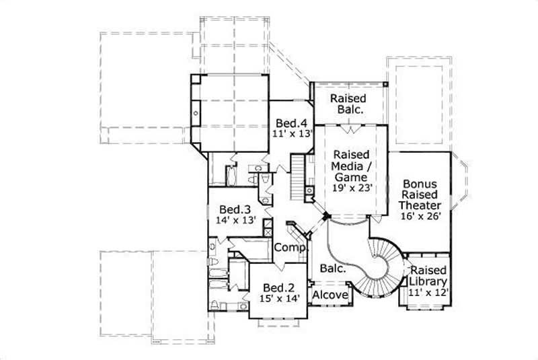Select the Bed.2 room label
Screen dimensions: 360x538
click(276, 286)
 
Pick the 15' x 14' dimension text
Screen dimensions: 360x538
click(276, 297)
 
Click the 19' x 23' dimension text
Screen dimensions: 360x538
click(352, 188)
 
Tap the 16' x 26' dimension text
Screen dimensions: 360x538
click(421, 217)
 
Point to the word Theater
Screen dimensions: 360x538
click(421, 206)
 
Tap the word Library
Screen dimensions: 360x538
click(428, 281)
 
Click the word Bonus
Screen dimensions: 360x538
click(421, 184)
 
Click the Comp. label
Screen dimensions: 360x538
click(290, 248)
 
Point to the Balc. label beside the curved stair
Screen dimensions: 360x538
click(333, 268)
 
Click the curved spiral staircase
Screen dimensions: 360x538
click(377, 266)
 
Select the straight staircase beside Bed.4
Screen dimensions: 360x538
click(297, 175)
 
